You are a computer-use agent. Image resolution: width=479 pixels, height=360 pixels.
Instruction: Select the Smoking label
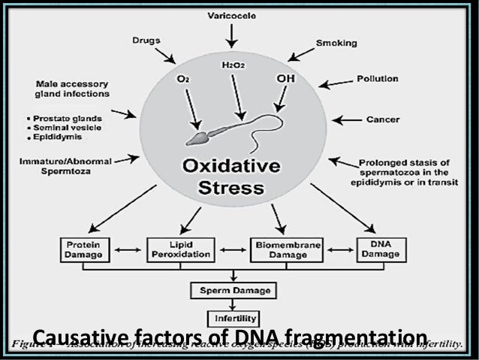coord(335,44)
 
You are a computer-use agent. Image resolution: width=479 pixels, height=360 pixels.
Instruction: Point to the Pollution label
coord(377,77)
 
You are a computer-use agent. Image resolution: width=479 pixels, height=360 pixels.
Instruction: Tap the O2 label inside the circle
coord(182,77)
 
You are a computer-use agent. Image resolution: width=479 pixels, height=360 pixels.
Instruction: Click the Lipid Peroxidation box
coord(175,250)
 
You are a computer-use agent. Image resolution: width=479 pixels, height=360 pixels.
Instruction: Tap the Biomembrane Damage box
coord(279,250)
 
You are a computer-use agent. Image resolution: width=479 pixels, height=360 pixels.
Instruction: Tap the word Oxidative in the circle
coord(233,165)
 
